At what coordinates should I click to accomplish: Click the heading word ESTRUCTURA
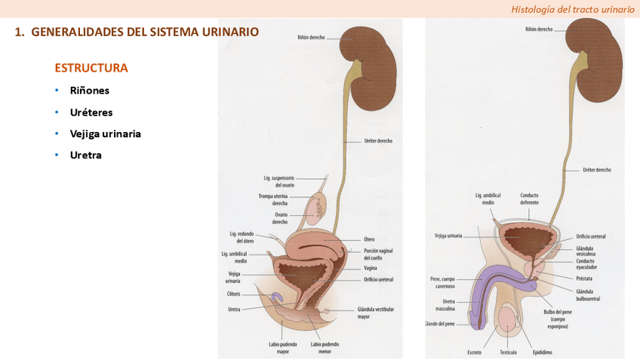91,68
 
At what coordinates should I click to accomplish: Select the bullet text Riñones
90,91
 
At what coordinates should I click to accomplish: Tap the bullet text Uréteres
91,112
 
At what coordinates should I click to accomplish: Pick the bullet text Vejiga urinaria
106,134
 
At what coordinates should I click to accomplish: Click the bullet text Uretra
86,155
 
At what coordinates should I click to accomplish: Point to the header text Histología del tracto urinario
573,9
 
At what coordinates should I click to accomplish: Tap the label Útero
369,239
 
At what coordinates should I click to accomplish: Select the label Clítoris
233,294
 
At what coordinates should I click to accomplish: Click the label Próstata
584,278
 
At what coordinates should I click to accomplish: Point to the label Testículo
508,352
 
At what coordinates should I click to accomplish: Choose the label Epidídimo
542,352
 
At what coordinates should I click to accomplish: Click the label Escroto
474,352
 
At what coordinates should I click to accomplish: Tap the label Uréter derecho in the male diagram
597,170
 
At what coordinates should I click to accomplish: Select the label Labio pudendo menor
325,348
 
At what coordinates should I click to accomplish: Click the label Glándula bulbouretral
588,295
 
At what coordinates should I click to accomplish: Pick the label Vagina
370,268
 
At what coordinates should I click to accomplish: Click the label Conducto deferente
529,198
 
